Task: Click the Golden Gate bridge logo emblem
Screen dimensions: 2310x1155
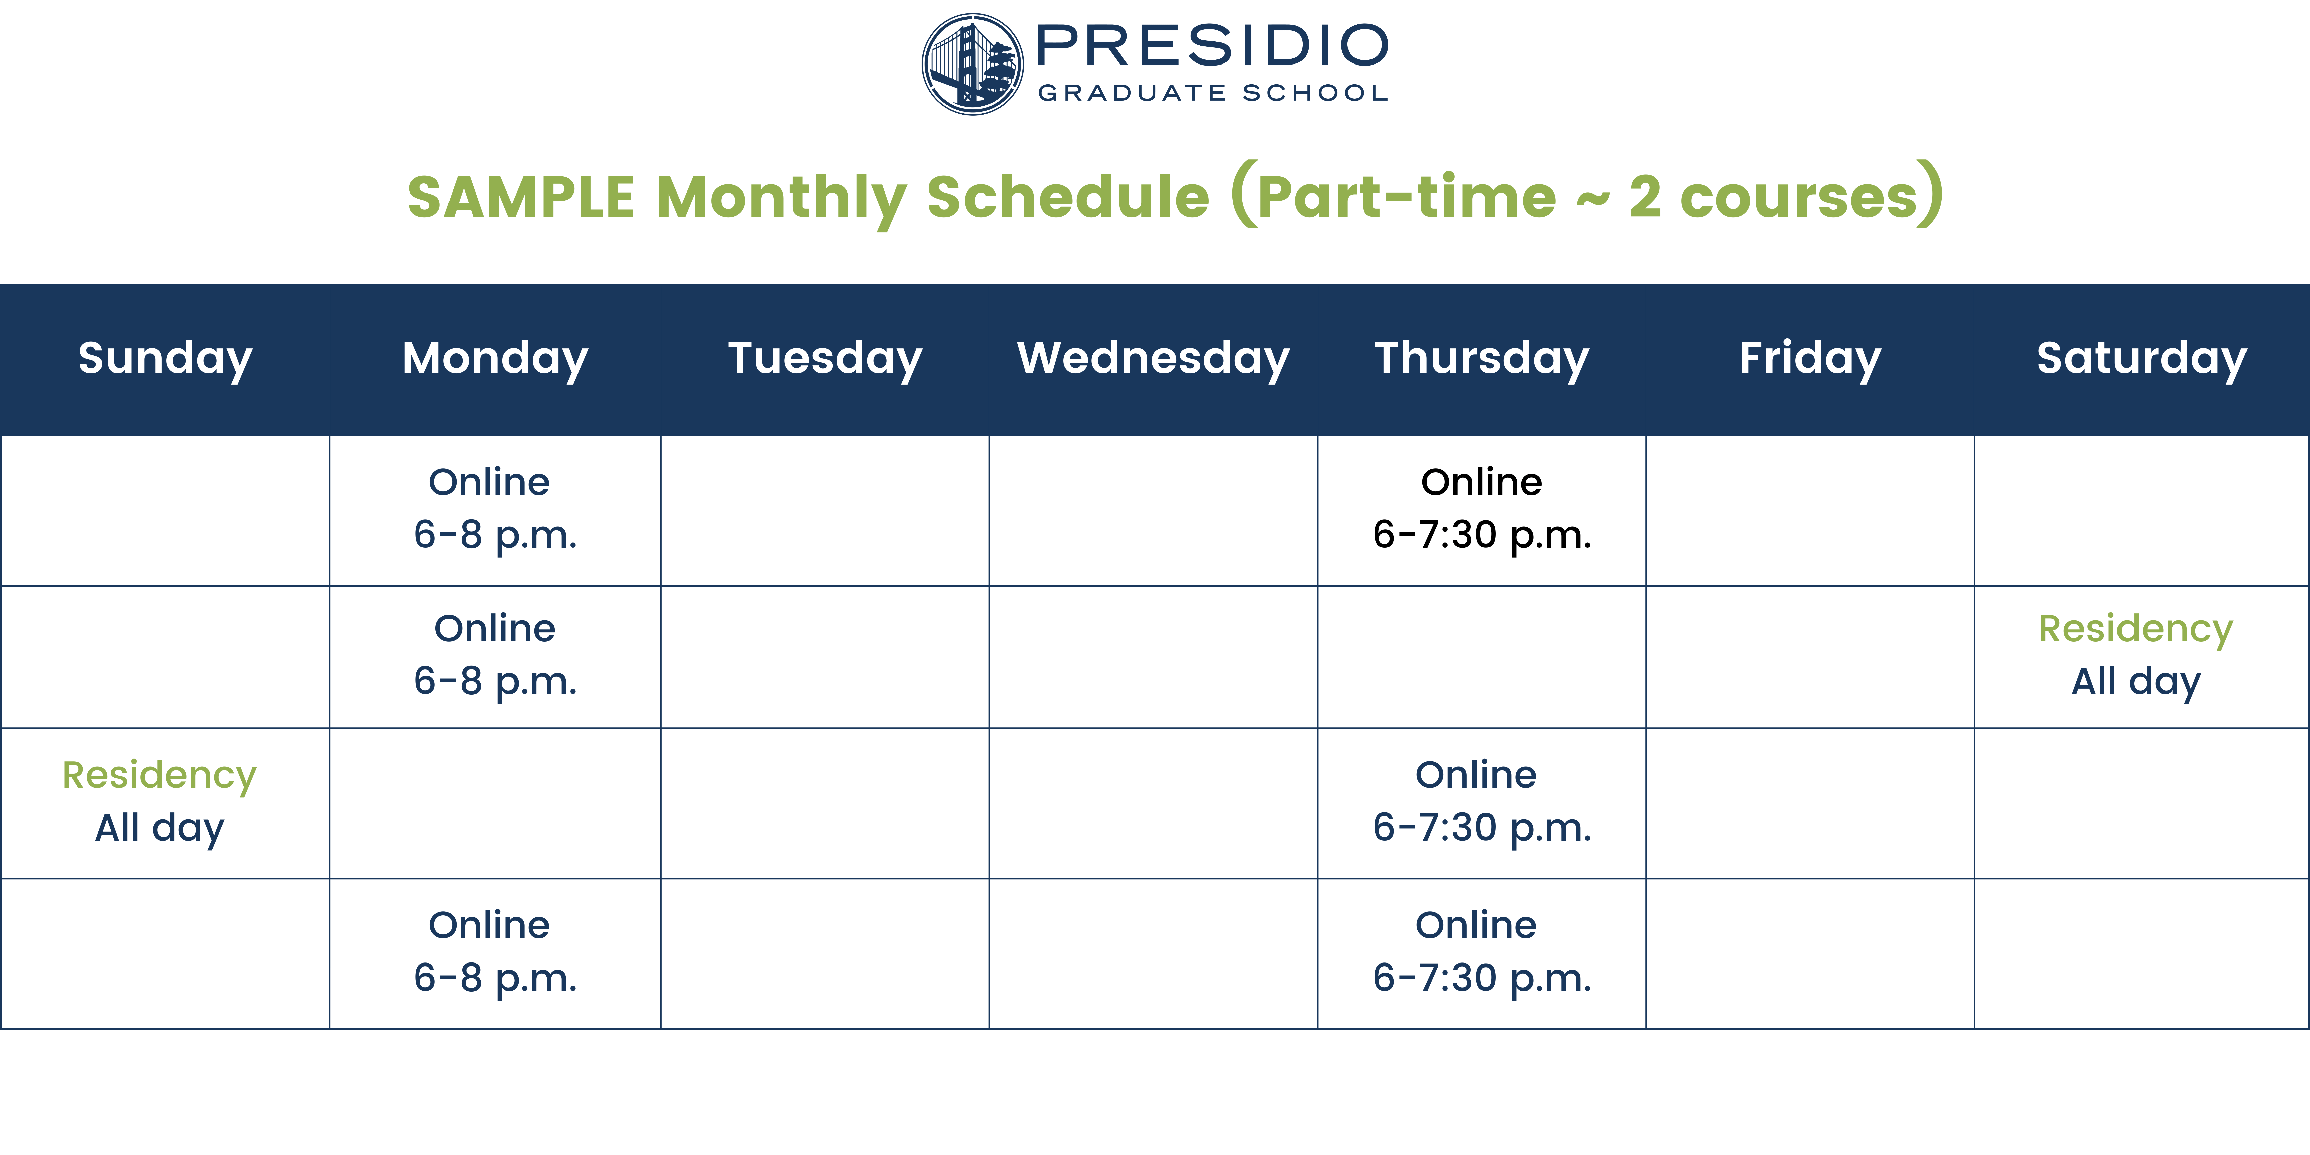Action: (x=973, y=64)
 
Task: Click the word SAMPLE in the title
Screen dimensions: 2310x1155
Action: (x=521, y=197)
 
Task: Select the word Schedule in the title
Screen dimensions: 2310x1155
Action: (x=1068, y=197)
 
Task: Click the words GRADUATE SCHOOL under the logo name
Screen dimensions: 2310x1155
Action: (x=1212, y=93)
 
